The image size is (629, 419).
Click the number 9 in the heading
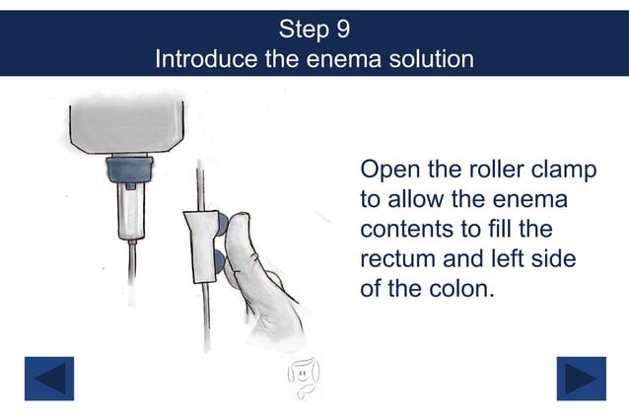340,27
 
